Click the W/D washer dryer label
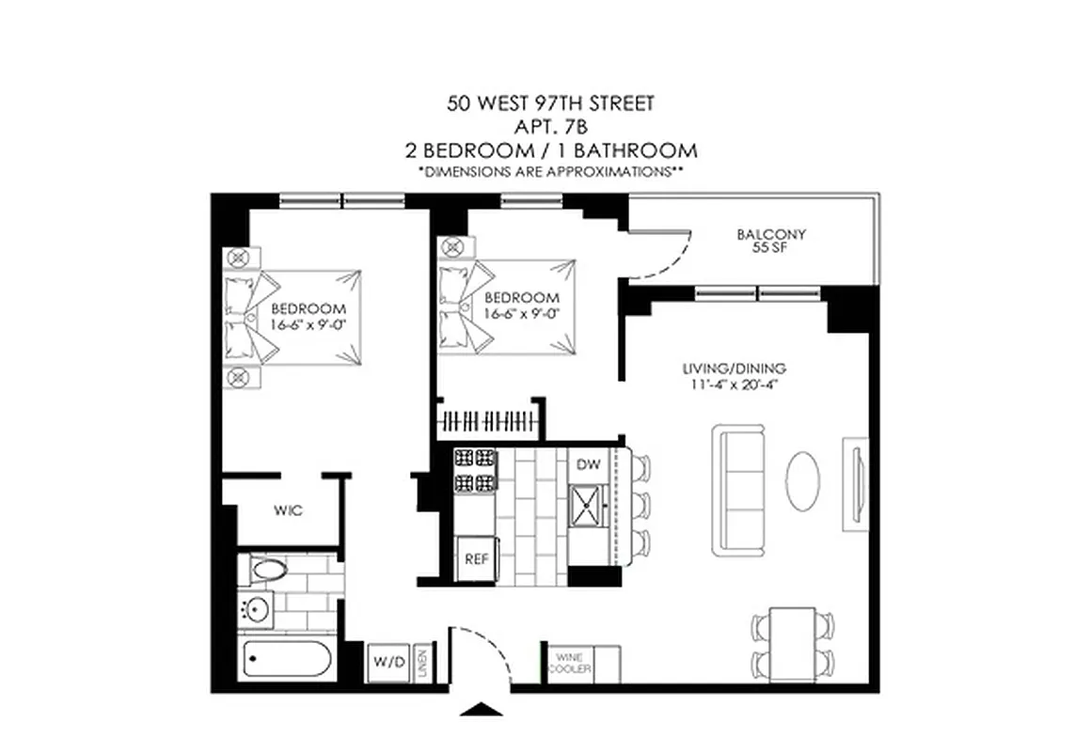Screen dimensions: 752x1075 tap(387, 663)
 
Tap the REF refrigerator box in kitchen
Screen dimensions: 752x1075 tap(474, 557)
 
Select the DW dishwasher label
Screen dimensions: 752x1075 tap(588, 463)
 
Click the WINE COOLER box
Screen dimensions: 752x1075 tap(572, 662)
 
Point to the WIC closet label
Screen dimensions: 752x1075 tap(287, 511)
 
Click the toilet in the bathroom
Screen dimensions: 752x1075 tap(269, 569)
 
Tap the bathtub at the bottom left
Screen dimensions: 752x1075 tap(286, 659)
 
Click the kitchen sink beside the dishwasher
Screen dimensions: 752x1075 tap(589, 507)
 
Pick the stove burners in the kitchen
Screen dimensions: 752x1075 tap(475, 471)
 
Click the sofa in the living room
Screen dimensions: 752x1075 tap(739, 489)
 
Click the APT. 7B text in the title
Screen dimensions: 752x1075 tap(549, 126)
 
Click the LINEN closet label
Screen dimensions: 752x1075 tap(424, 663)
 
